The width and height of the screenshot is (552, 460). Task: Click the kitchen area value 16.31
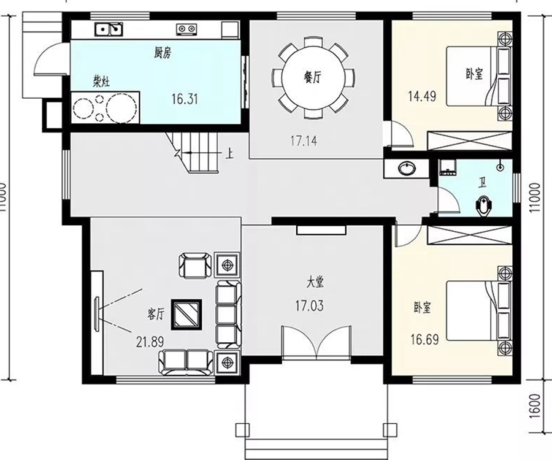(x=185, y=99)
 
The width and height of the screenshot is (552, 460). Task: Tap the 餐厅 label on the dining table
(x=313, y=77)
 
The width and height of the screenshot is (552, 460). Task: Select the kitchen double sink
(x=109, y=29)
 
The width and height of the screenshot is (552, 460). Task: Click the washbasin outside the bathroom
(x=407, y=168)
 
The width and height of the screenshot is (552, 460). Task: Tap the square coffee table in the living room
(x=186, y=315)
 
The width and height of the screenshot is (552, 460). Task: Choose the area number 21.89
(x=150, y=342)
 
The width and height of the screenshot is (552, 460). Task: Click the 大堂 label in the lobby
(x=315, y=282)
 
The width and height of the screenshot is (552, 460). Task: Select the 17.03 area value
(x=310, y=305)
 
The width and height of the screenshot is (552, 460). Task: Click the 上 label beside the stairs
(x=229, y=154)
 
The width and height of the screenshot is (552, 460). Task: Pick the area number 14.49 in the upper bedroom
(x=422, y=96)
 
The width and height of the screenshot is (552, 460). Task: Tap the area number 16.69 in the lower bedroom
(x=424, y=340)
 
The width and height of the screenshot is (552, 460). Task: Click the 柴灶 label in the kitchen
(x=101, y=82)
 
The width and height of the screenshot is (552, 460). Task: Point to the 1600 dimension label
(x=534, y=405)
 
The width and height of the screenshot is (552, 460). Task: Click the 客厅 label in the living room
(x=156, y=313)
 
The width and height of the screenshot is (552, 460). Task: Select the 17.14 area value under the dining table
(x=304, y=141)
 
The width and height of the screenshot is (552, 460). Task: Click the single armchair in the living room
(x=196, y=265)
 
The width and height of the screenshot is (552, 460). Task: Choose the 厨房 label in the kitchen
(x=163, y=53)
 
